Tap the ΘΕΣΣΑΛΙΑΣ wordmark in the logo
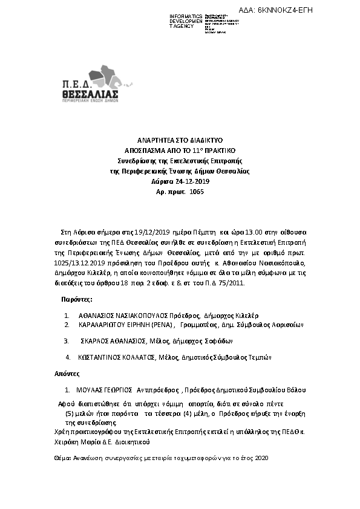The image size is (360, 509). click(90, 95)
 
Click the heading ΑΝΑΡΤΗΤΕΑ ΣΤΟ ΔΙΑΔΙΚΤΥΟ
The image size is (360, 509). click(179, 140)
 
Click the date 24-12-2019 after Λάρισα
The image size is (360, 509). click(191, 181)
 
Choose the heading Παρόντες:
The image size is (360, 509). click(77, 299)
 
